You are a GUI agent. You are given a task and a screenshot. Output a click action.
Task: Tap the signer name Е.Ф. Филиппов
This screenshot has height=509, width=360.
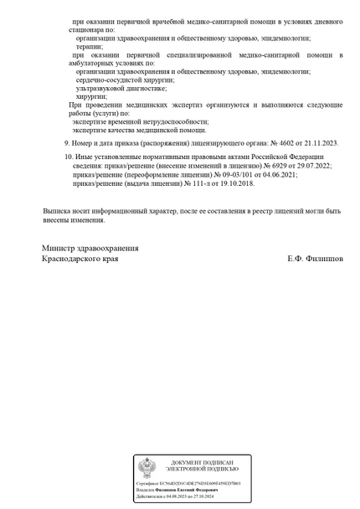pyautogui.click(x=314, y=260)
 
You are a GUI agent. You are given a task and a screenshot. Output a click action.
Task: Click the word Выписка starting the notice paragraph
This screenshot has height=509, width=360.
pyautogui.click(x=58, y=212)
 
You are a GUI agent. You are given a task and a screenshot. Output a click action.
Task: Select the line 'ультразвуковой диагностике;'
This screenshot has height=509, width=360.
pyautogui.click(x=121, y=88)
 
